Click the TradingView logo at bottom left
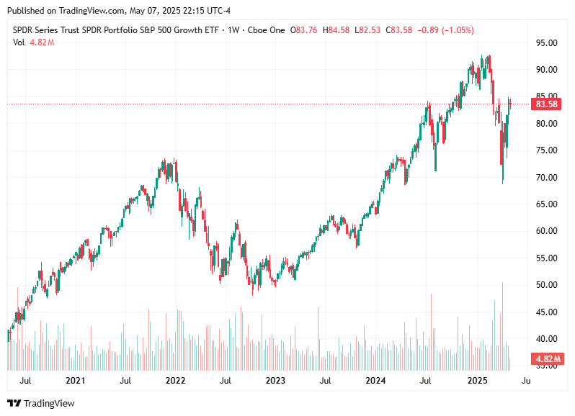click(41, 404)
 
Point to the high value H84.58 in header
click(337, 30)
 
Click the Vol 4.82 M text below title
click(33, 42)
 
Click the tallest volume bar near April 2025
click(502, 324)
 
